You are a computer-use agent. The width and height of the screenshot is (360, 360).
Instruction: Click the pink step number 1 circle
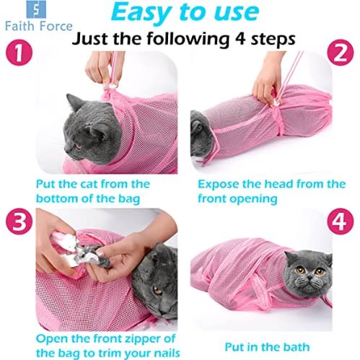coord(19,52)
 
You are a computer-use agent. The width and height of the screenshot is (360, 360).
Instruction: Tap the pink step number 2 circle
coord(341,52)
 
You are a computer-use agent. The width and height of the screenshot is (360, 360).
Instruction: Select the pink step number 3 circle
coord(19,221)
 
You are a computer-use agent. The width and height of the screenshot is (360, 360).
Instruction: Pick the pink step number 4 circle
coord(341,221)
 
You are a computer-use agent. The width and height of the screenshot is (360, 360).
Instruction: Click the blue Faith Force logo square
coord(36,9)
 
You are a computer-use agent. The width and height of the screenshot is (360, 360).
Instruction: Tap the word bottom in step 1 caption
coord(56,198)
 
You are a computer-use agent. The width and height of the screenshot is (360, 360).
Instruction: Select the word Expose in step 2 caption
coord(219,185)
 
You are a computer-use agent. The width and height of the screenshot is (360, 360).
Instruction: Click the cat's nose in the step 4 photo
coord(310,278)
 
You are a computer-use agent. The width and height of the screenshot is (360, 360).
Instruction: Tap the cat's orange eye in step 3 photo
coord(158,291)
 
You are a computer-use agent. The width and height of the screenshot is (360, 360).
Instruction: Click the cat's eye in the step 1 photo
coord(78,146)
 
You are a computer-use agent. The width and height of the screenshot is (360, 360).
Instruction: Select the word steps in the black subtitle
coord(273,39)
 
